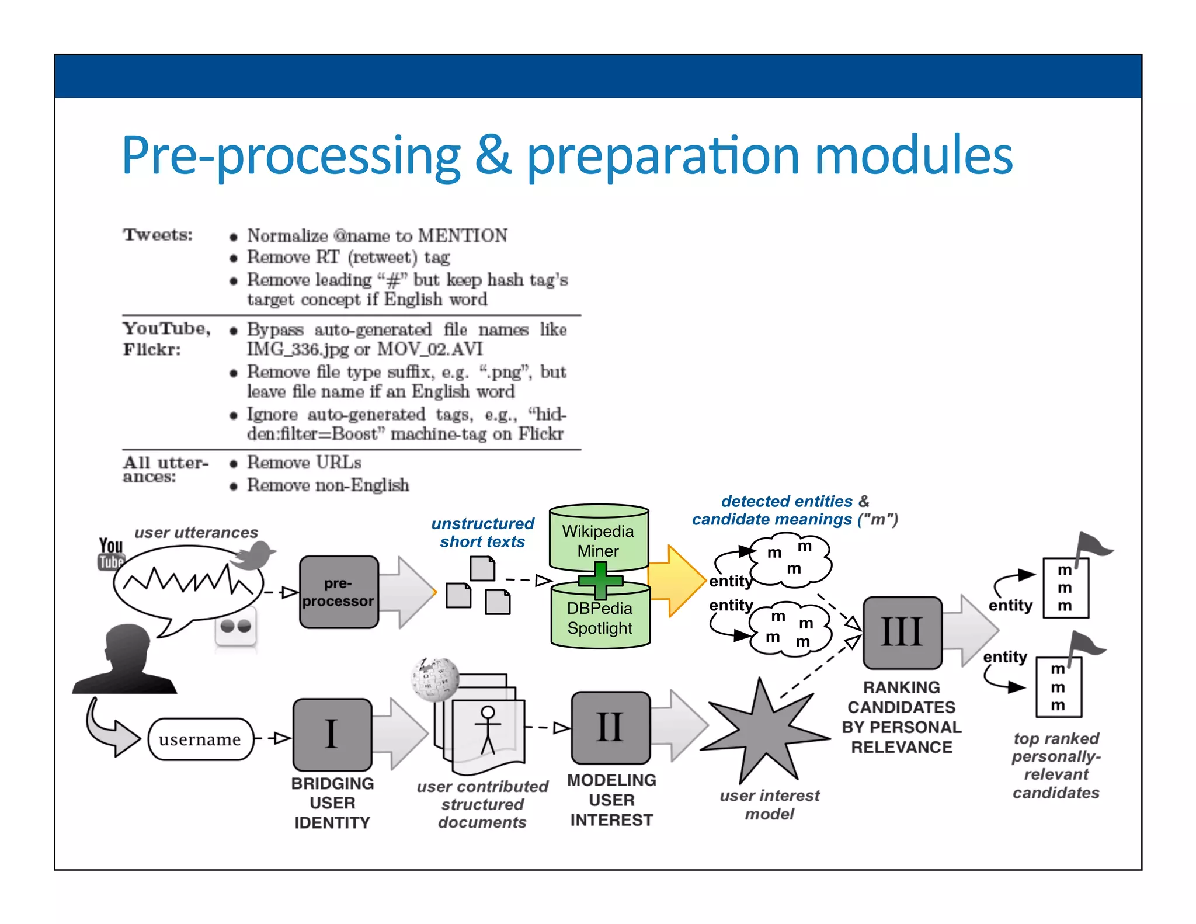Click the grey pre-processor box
click(339, 592)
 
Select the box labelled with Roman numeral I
click(332, 734)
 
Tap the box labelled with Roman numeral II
click(610, 728)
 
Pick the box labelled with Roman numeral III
click(902, 633)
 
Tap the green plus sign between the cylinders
click(600, 581)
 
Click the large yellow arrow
click(677, 581)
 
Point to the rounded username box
click(200, 739)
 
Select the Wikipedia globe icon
click(434, 679)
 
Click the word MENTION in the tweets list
click(463, 235)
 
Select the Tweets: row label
click(158, 235)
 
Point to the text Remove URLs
click(304, 463)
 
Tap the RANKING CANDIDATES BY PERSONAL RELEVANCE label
click(901, 717)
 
